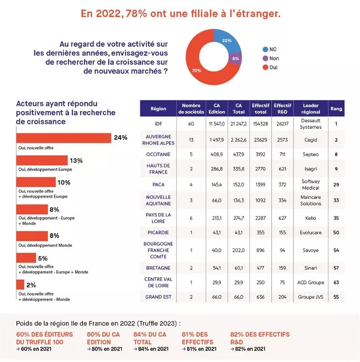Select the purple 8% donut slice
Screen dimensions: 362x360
[x=236, y=58]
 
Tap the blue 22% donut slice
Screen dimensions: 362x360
[x=226, y=40]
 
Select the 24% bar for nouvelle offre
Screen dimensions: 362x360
[x=64, y=138]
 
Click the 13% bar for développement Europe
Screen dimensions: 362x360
[x=42, y=160]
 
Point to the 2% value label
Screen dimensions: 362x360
[x=31, y=285]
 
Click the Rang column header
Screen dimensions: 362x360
[x=336, y=109]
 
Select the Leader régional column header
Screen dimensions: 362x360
[x=311, y=109]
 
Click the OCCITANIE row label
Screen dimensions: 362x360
[x=158, y=154]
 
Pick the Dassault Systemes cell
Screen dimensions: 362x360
[x=311, y=124]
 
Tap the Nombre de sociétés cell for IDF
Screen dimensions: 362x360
[x=191, y=124]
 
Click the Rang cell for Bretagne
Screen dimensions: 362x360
[x=336, y=268]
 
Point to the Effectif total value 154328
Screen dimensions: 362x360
[x=260, y=124]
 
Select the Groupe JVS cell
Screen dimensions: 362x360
[x=311, y=297]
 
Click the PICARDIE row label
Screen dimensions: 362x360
[x=158, y=232]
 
